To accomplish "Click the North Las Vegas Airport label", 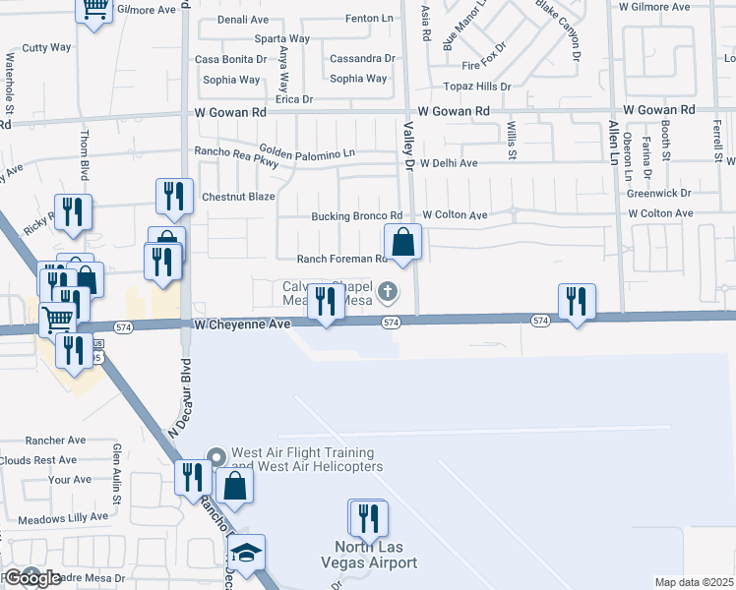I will [369, 555].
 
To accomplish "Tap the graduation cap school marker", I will [246, 551].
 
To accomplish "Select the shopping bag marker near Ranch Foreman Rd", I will [402, 241].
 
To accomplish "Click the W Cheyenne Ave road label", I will [242, 324].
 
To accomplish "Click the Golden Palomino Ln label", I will [307, 154].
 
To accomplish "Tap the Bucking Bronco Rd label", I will [356, 215].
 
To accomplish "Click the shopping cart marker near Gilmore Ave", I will [94, 10].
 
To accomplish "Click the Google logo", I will [31, 578].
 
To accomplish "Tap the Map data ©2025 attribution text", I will [694, 582].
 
